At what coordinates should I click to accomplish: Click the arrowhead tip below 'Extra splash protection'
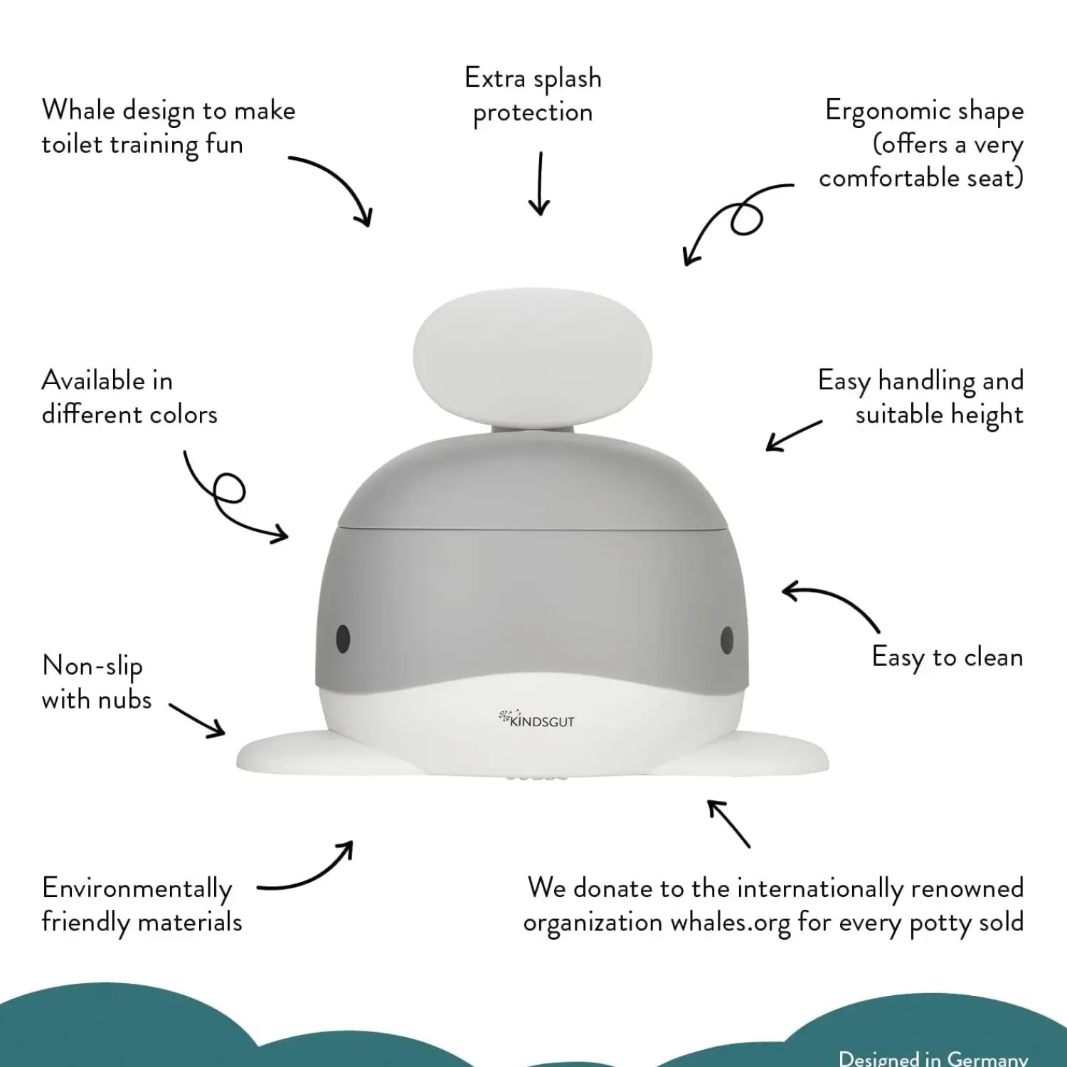(x=539, y=215)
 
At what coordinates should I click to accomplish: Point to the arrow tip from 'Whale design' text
(x=369, y=226)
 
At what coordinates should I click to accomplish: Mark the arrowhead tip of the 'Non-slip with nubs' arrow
(x=224, y=733)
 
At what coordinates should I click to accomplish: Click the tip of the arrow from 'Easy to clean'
(x=782, y=590)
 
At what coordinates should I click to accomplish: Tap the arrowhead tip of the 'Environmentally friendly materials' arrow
(x=352, y=842)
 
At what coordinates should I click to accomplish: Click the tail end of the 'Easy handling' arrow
(x=822, y=422)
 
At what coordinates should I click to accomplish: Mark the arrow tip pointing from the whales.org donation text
(x=708, y=801)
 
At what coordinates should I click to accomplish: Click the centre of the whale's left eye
(x=343, y=638)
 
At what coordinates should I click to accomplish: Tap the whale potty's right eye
(x=727, y=639)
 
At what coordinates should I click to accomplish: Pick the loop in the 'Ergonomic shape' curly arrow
(x=746, y=217)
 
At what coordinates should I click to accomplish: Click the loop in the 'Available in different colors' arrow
(x=228, y=489)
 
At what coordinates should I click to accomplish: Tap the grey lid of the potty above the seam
(x=532, y=484)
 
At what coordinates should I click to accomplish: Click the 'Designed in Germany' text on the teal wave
(x=933, y=1058)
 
